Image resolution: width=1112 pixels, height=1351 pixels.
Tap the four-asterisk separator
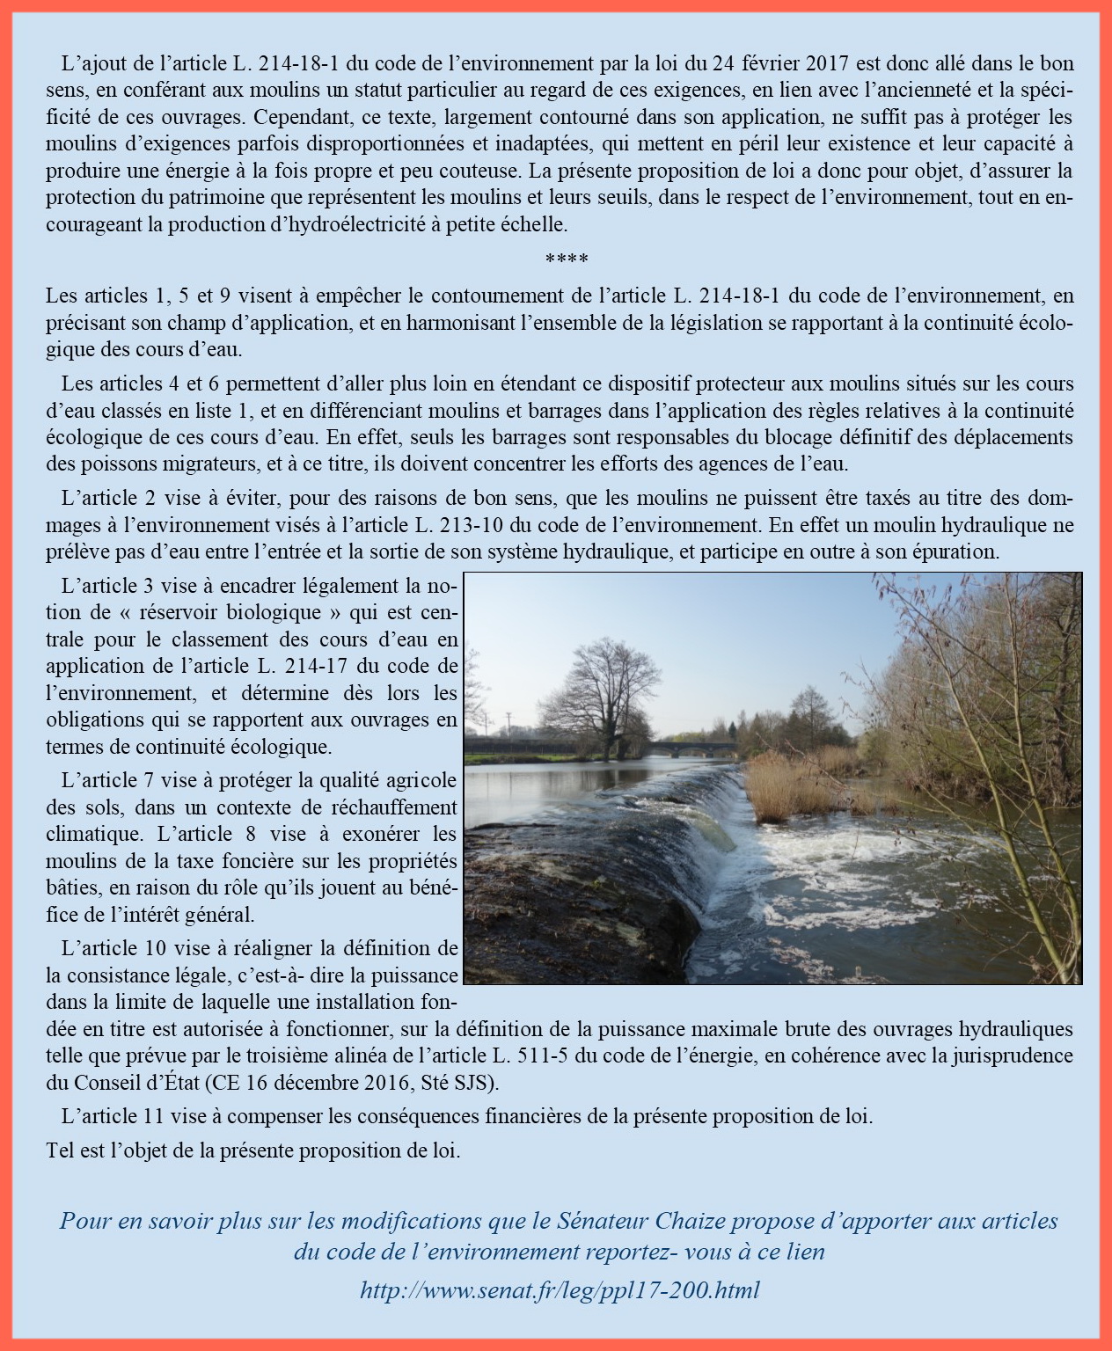(567, 259)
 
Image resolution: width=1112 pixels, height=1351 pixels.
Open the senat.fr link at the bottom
(560, 1290)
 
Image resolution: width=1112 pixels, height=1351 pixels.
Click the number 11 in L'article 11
(151, 1116)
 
